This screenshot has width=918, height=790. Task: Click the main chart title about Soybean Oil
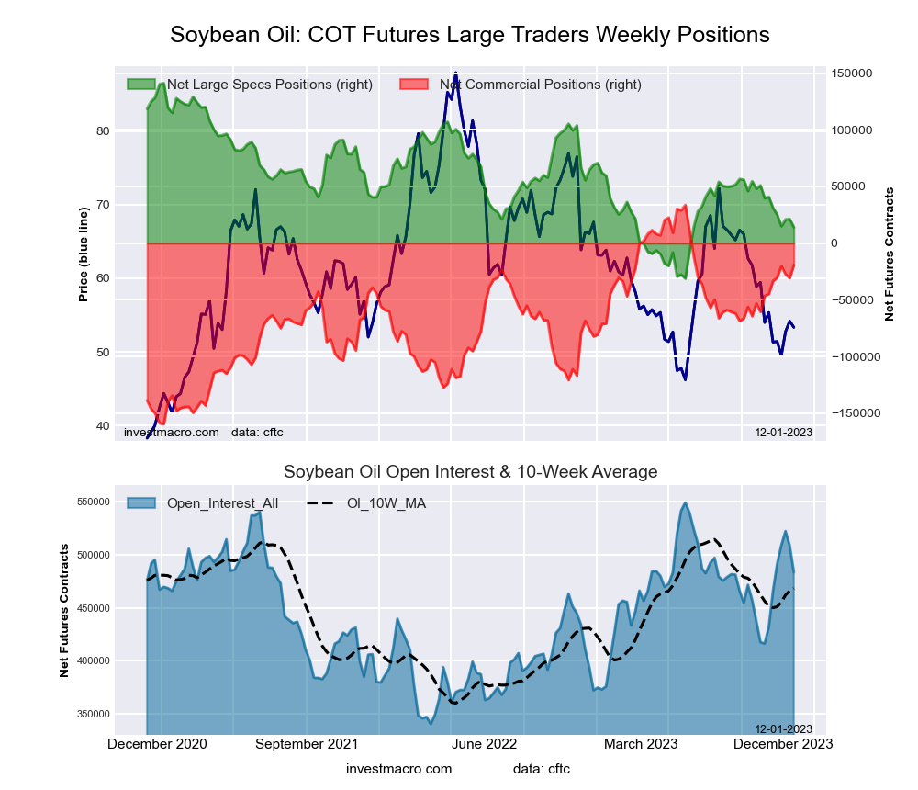click(x=470, y=35)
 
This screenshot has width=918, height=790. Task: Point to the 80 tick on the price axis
click(x=103, y=131)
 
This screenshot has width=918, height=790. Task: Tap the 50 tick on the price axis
click(x=103, y=353)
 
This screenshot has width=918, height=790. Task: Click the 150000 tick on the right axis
click(x=853, y=73)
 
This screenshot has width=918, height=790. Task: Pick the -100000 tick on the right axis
click(x=855, y=356)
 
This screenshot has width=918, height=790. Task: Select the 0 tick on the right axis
click(x=835, y=243)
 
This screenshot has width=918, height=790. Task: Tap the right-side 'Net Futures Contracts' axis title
click(x=889, y=254)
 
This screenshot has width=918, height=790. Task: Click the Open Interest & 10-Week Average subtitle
click(x=470, y=472)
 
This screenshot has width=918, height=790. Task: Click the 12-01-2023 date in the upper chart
click(x=783, y=432)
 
